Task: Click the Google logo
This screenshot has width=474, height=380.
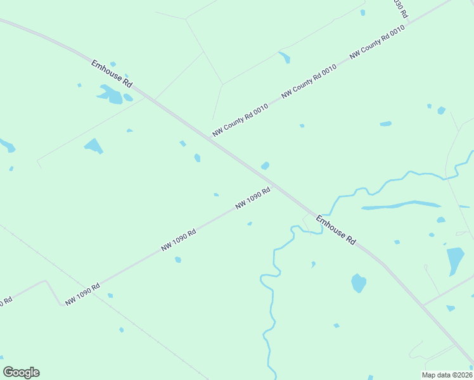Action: coord(21,372)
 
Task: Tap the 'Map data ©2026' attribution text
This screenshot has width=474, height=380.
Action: coord(447,375)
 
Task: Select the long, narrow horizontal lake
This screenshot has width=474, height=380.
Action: coord(401,205)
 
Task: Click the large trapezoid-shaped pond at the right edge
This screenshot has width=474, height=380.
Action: coord(455,259)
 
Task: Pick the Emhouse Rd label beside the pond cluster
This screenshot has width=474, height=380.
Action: coord(112,73)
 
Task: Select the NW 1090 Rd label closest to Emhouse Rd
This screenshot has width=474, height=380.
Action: coord(253,198)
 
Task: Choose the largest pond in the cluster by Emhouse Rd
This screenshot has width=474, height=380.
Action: coord(113,96)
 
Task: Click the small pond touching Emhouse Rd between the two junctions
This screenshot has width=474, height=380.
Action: coord(265,166)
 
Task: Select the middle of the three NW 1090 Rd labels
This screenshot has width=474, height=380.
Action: coord(178,240)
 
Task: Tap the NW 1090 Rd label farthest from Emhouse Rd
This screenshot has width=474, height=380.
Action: coord(82,294)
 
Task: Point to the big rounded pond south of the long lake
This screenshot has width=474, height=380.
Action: coord(359,282)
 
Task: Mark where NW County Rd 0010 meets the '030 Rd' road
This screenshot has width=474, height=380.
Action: coord(409,23)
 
